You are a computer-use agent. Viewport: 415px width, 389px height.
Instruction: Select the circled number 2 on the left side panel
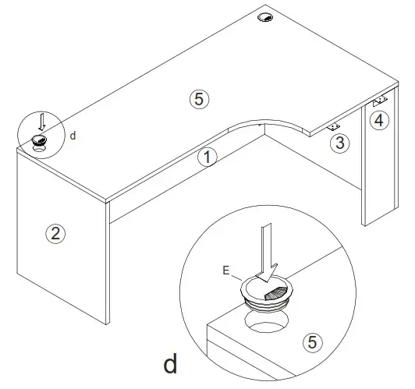[x=54, y=232]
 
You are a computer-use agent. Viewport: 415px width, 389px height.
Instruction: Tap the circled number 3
[x=339, y=143]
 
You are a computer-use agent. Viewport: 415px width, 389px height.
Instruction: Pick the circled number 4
[x=378, y=120]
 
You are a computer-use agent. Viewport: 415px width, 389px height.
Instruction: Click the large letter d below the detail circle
[x=171, y=364]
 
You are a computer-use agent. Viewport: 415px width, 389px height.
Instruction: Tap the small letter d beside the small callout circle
[x=73, y=135]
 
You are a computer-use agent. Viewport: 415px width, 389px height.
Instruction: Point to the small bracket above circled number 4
[x=381, y=101]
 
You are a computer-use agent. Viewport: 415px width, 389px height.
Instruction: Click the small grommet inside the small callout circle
[x=40, y=140]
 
